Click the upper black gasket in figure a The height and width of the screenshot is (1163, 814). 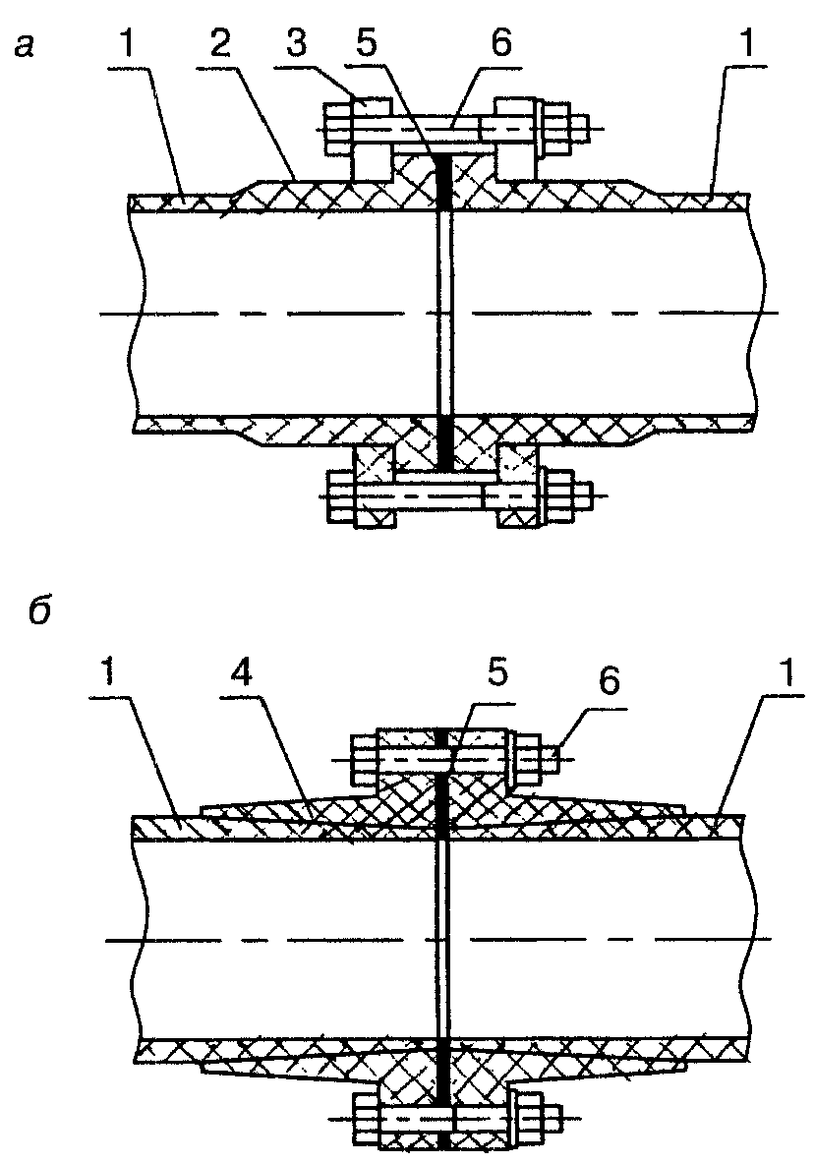point(442,182)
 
